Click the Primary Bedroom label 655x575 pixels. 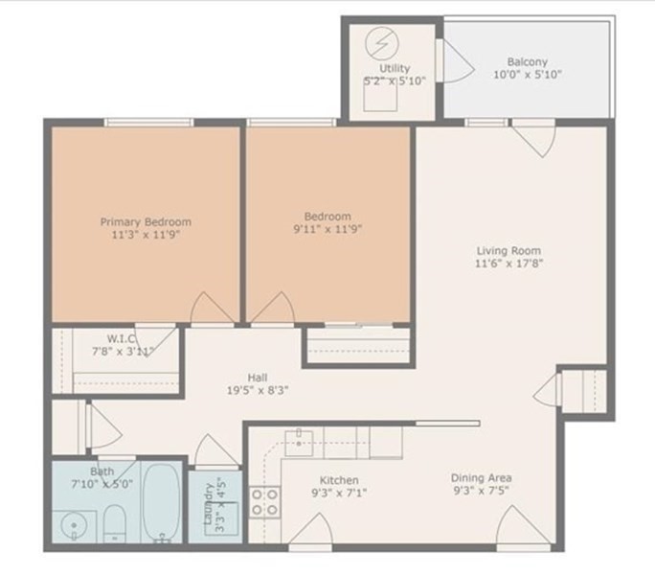[146, 222]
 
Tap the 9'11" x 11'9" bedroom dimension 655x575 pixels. [327, 229]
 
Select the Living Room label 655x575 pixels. [508, 251]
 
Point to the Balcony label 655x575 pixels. [528, 62]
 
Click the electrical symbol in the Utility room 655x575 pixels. [382, 43]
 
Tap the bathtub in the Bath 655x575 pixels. [161, 502]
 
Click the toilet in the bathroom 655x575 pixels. [115, 523]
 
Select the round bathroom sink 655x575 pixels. [74, 526]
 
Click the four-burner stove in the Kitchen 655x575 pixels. [265, 503]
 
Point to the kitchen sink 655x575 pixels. [299, 443]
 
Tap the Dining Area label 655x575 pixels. [482, 478]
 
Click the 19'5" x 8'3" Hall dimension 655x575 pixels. [258, 391]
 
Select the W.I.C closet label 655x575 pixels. [122, 338]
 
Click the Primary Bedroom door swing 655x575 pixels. [212, 308]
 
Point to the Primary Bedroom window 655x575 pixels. [148, 122]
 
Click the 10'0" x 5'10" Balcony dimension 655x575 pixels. [528, 75]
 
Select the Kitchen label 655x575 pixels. [339, 480]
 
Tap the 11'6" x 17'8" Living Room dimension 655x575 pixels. [508, 264]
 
